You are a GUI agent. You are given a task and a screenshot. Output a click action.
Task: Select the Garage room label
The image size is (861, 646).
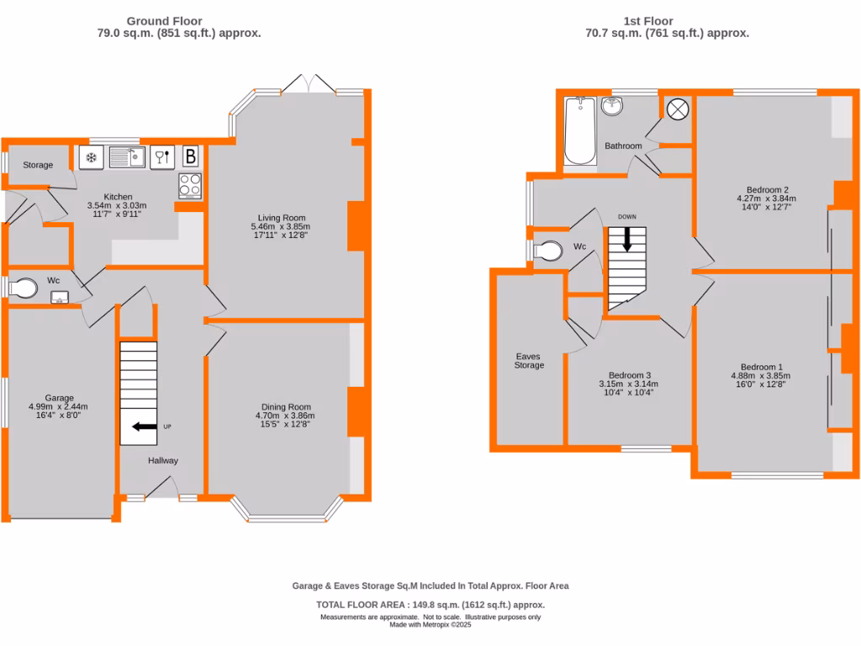coord(60,398)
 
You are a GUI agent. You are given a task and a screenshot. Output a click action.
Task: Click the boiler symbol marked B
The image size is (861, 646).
coord(191,156)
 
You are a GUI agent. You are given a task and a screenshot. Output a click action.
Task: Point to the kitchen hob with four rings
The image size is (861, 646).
coord(190,185)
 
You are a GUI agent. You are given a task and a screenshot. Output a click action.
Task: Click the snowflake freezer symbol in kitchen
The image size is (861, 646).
coord(91,157)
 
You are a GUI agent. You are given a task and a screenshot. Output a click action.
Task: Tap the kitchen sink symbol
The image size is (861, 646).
coord(127,157)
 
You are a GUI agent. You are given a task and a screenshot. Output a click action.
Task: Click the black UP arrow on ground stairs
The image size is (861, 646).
coord(144,427)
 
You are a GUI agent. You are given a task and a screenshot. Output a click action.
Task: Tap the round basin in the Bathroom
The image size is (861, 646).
coord(611,107)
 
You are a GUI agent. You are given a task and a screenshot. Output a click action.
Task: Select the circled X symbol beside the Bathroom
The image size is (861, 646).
coord(677,109)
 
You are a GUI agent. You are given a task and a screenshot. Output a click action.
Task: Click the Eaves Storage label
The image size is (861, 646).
coord(530,361)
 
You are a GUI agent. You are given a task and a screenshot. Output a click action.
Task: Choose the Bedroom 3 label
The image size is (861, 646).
coord(630,375)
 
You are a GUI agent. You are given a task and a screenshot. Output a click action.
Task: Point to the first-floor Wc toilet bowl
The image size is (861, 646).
coord(549,251)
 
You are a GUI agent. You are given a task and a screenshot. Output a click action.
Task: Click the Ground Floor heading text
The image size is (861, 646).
coord(165,21)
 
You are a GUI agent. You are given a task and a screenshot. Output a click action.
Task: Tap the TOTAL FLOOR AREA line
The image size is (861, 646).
coord(430,605)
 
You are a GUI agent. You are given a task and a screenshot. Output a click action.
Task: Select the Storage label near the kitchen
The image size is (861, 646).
coord(38,165)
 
